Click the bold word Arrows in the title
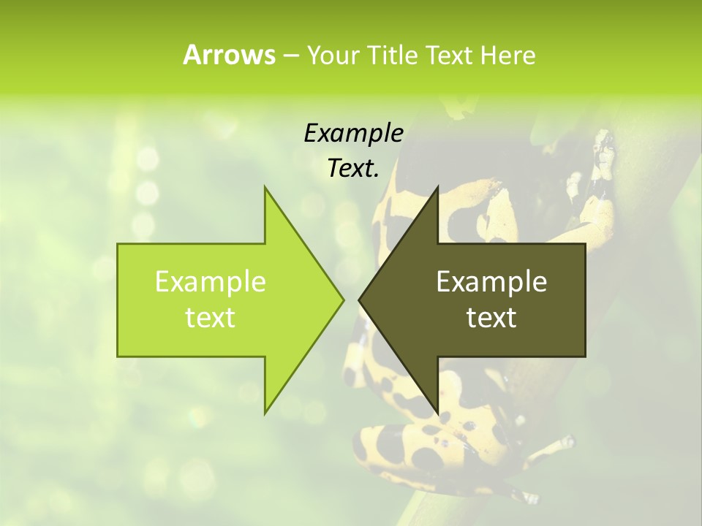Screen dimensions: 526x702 click(228, 55)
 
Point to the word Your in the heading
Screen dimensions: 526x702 click(332, 55)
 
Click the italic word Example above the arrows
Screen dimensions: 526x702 click(354, 134)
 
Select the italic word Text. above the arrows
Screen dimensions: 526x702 click(354, 169)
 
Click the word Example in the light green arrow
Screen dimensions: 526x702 click(211, 281)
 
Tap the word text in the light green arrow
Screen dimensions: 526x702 click(211, 317)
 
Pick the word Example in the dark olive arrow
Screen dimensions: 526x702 click(491, 281)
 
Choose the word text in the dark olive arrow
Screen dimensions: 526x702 click(491, 317)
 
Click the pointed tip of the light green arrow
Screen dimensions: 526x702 click(344, 300)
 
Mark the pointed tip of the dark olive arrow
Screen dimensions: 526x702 click(359, 300)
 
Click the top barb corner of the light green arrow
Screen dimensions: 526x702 click(265, 187)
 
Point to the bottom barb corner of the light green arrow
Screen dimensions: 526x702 click(265, 413)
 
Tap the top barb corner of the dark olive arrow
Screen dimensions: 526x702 click(438, 187)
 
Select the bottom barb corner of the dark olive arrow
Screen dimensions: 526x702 click(438, 413)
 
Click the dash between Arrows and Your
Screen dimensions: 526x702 click(290, 56)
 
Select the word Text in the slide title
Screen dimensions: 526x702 click(450, 55)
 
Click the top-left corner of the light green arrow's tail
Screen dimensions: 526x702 click(118, 244)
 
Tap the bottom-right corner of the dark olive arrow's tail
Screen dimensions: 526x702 click(585, 356)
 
